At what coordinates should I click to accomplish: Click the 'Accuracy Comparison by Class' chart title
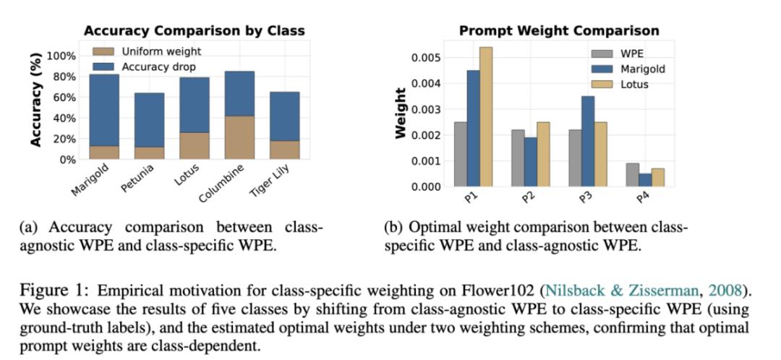(194, 30)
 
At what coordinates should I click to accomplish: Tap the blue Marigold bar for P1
(474, 128)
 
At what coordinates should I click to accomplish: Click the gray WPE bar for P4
(632, 175)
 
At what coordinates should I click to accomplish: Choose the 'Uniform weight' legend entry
(161, 51)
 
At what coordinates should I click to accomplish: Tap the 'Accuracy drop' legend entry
(160, 66)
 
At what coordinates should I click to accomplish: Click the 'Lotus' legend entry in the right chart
(633, 84)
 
